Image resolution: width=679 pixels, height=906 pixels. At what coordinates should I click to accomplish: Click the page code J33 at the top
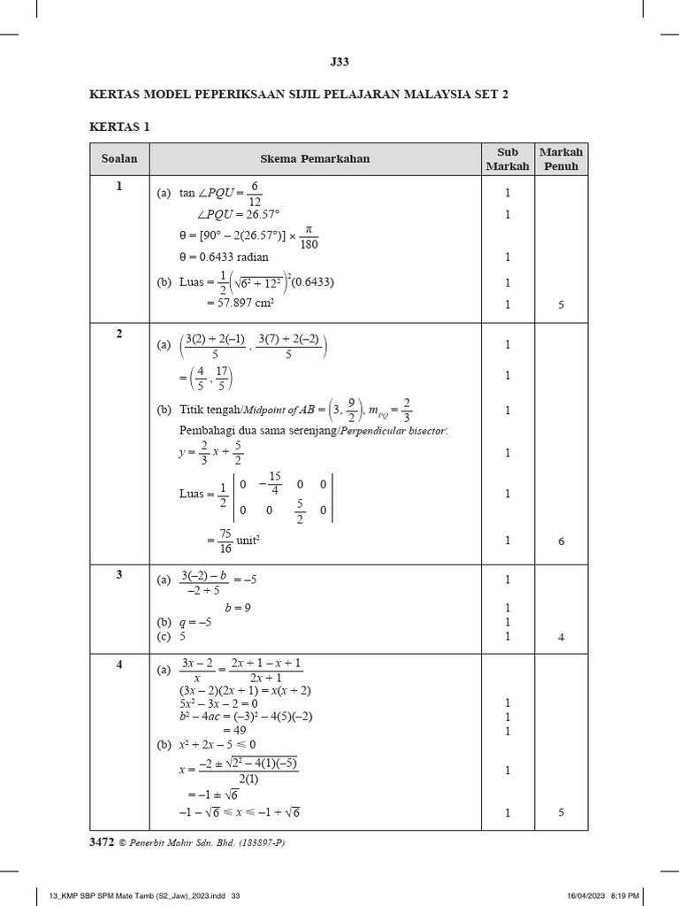click(339, 62)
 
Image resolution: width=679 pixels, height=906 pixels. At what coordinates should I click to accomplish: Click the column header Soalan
click(118, 159)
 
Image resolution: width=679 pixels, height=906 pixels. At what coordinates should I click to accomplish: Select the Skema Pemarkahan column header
click(315, 159)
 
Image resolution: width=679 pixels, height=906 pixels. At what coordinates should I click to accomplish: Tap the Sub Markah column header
click(507, 159)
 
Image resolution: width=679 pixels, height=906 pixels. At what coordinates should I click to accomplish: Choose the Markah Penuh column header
click(561, 159)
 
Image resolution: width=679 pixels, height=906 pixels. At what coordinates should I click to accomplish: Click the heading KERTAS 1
click(119, 127)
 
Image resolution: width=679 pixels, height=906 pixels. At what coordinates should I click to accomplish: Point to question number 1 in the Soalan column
click(118, 186)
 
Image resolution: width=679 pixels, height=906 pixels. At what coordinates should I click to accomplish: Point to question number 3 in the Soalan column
click(118, 574)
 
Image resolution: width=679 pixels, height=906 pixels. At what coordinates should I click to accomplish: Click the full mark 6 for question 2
click(561, 541)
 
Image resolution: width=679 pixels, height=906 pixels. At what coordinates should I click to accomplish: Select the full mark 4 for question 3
click(561, 637)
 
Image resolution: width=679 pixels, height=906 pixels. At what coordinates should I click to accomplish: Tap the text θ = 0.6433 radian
click(224, 257)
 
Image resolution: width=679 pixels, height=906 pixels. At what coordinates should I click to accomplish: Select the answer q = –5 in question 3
click(195, 622)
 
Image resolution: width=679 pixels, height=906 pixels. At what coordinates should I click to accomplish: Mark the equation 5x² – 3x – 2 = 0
click(218, 703)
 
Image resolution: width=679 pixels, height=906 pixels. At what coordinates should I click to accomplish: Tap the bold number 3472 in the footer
click(103, 842)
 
